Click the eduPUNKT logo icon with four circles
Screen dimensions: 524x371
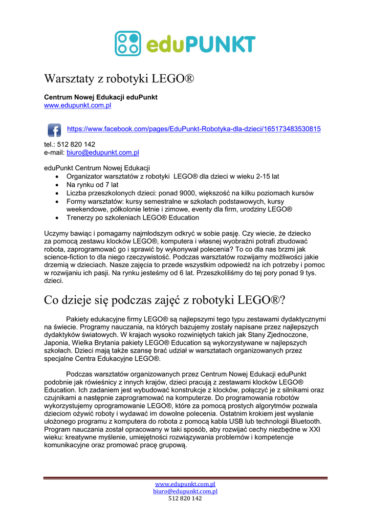[127, 43]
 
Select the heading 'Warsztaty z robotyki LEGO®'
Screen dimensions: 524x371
[119, 79]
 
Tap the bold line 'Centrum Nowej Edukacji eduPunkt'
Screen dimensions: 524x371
[101, 97]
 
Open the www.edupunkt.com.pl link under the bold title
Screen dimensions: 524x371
[77, 105]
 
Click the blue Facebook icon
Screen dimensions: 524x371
[54, 129]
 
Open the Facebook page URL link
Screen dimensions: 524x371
[194, 129]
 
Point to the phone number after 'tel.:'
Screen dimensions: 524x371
[77, 144]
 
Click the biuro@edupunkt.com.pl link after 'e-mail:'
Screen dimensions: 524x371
[103, 152]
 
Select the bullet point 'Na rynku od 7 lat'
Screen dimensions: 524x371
[92, 185]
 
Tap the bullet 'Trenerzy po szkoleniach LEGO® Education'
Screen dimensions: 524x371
[133, 217]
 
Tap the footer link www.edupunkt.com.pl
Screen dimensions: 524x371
[185, 484]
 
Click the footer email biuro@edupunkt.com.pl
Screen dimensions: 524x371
[185, 491]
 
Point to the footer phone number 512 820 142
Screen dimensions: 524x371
[185, 498]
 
